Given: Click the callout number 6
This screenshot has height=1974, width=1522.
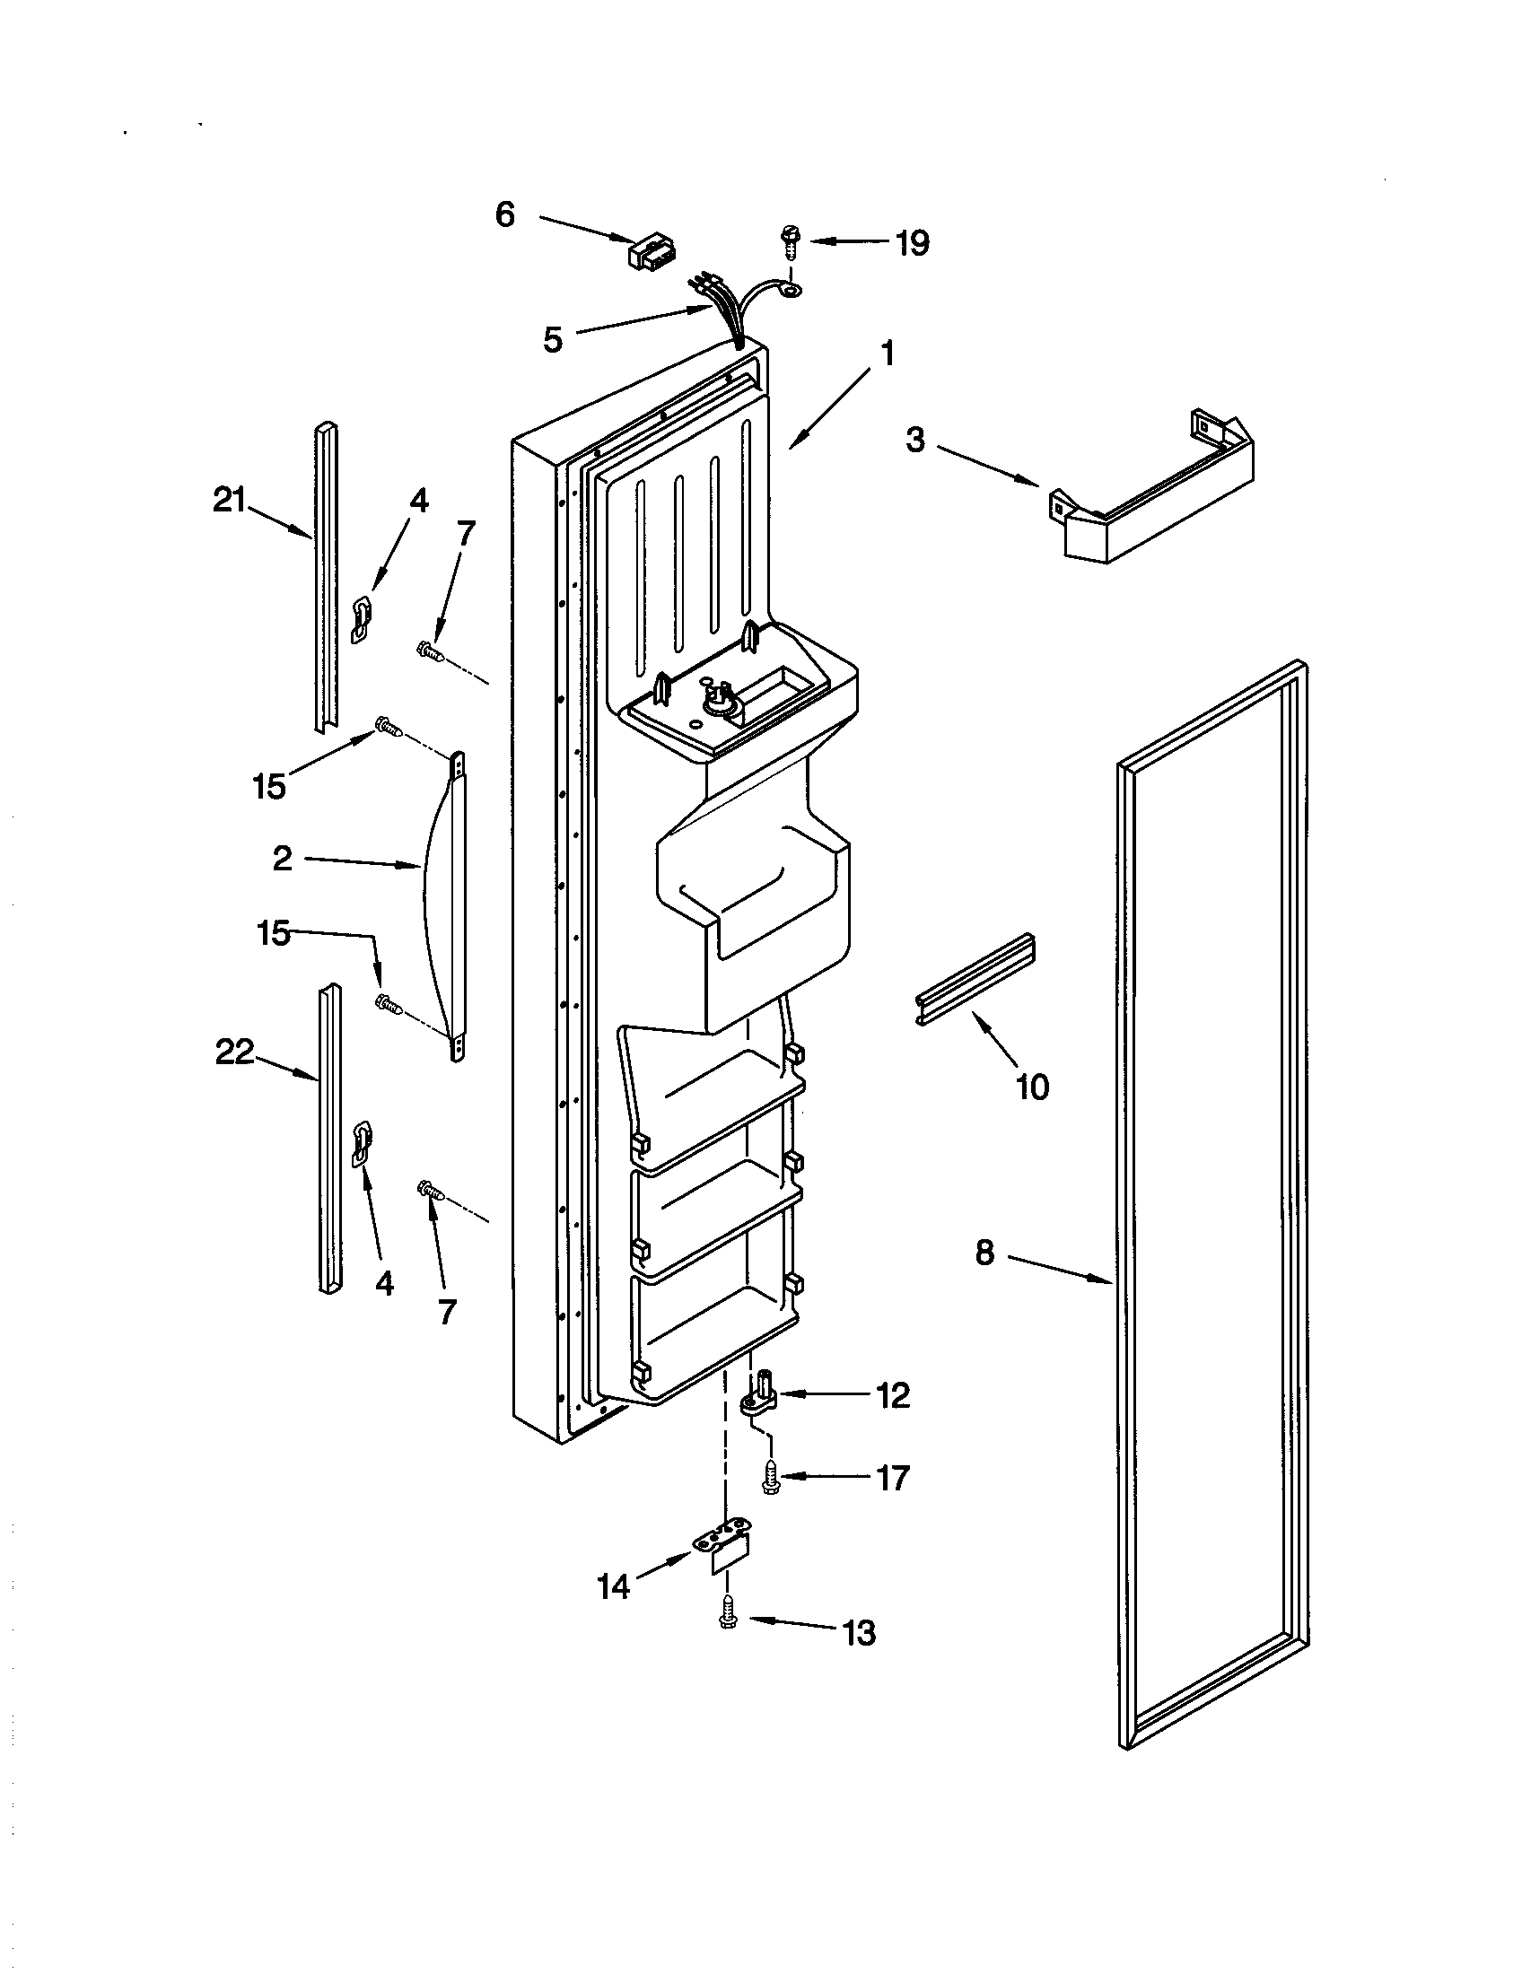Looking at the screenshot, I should click(505, 215).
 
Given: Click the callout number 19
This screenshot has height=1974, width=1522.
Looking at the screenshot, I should click(912, 243).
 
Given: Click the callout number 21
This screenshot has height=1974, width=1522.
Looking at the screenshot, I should click(230, 500).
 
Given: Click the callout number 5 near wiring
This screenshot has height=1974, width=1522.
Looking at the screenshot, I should click(553, 340).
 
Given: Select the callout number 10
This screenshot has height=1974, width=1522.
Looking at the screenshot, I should click(1032, 1087).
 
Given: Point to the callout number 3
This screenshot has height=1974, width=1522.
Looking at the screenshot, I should click(915, 441).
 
